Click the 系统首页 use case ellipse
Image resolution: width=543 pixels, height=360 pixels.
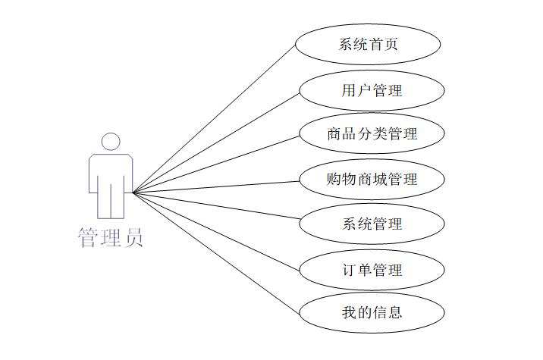point(368,44)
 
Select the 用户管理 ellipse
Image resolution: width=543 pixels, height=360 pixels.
point(372,90)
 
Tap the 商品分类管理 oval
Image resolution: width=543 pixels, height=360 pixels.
point(372,134)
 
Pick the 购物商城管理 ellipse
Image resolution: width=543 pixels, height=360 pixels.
point(372,180)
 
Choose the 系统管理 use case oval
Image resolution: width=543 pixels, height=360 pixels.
point(372,224)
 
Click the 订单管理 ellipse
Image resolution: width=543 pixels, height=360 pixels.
point(372,269)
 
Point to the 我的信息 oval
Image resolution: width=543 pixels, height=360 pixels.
point(372,312)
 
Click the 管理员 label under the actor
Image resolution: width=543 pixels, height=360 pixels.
point(111,238)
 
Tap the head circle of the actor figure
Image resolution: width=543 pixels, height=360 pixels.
point(111,142)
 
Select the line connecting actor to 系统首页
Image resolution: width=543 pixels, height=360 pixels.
point(214,117)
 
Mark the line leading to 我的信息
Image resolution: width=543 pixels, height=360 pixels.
point(216,252)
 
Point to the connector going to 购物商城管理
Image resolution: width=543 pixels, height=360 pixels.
point(216,186)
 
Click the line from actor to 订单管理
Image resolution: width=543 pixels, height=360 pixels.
point(216,230)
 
